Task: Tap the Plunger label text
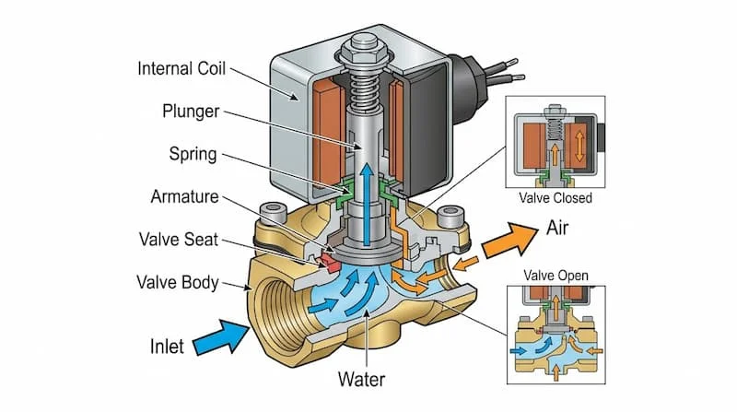189,111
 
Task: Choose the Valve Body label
177,281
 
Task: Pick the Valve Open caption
556,275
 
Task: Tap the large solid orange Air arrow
505,242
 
